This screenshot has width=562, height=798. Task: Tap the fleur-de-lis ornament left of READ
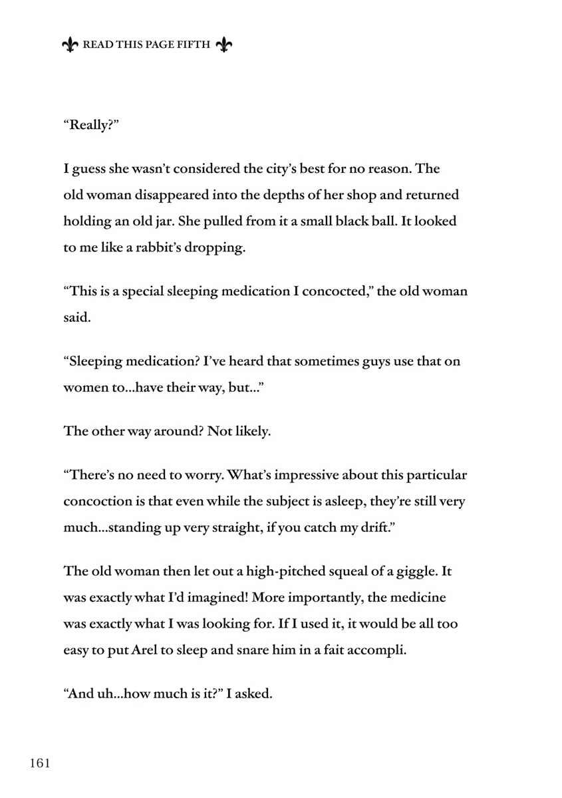click(x=69, y=45)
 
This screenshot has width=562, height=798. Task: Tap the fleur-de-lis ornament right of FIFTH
click(x=225, y=45)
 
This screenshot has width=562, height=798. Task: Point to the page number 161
click(x=40, y=763)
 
